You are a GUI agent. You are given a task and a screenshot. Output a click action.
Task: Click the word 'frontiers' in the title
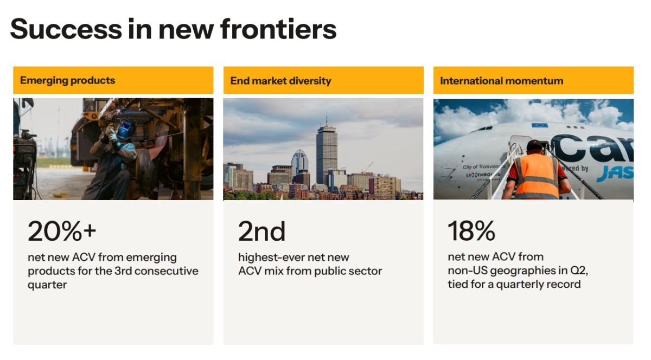point(278,29)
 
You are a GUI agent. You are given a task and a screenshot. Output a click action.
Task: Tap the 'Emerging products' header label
point(67,80)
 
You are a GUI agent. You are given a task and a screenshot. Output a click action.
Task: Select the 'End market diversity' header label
point(280,80)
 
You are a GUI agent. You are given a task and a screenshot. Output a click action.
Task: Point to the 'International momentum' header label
point(501,80)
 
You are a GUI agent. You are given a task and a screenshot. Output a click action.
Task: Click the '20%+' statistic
point(62,231)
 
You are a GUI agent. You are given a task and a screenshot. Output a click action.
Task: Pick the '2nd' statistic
point(261,232)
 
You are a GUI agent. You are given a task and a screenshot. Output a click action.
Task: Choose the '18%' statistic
point(471,231)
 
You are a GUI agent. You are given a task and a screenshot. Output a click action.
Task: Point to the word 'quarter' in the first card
point(47,285)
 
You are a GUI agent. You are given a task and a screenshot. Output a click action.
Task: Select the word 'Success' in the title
point(66,29)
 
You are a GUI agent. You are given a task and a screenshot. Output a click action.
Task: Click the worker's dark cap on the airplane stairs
point(534,145)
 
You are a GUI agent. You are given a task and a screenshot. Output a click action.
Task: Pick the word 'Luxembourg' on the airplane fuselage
point(483,175)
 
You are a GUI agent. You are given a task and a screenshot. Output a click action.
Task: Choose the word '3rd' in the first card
point(123,271)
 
